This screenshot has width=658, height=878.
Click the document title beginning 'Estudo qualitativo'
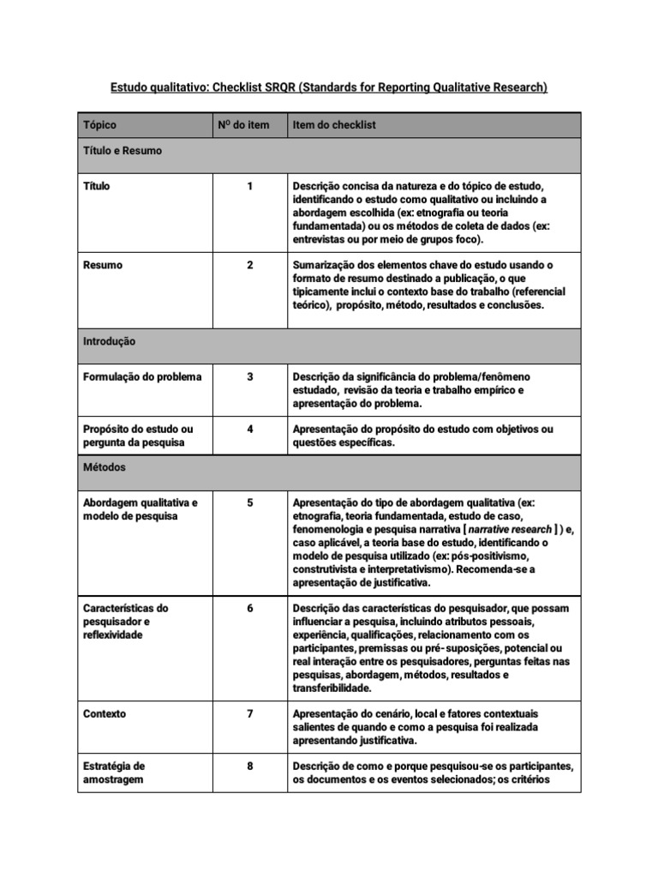coord(329,87)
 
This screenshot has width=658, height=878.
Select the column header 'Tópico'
coord(99,125)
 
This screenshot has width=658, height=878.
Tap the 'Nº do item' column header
coord(248,125)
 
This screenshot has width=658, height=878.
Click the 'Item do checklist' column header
coord(334,125)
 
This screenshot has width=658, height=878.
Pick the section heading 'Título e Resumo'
coord(123,151)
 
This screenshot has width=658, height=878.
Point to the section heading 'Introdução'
coord(109,341)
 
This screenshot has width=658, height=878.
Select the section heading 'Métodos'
coord(105,468)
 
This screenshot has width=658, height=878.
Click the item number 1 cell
coord(249,186)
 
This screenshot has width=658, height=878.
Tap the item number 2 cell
coord(249,265)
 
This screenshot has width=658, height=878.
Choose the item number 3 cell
coord(249,376)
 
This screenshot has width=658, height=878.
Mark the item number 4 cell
coord(249,429)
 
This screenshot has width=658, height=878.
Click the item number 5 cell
coord(249,502)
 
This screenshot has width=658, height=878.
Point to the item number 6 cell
coord(249,608)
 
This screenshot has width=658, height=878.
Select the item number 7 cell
coord(249,713)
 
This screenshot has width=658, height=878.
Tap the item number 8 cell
coord(249,767)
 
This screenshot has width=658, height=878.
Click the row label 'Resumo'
coord(103,265)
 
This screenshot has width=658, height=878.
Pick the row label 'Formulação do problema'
coord(142,376)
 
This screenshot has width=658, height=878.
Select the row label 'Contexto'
coord(105,713)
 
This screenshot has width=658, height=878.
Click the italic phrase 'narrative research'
coord(510,530)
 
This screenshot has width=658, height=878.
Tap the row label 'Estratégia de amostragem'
coord(114,773)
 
